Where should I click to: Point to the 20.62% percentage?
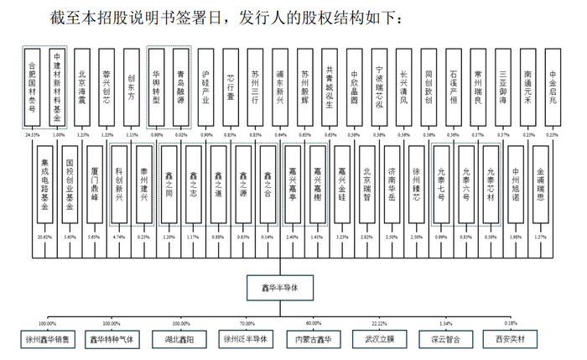pyautogui.click(x=45, y=237)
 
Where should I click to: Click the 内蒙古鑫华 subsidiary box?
pyautogui.click(x=314, y=340)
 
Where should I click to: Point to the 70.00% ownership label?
pyautogui.click(x=247, y=323)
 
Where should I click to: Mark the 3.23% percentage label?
pyautogui.click(x=341, y=237)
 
